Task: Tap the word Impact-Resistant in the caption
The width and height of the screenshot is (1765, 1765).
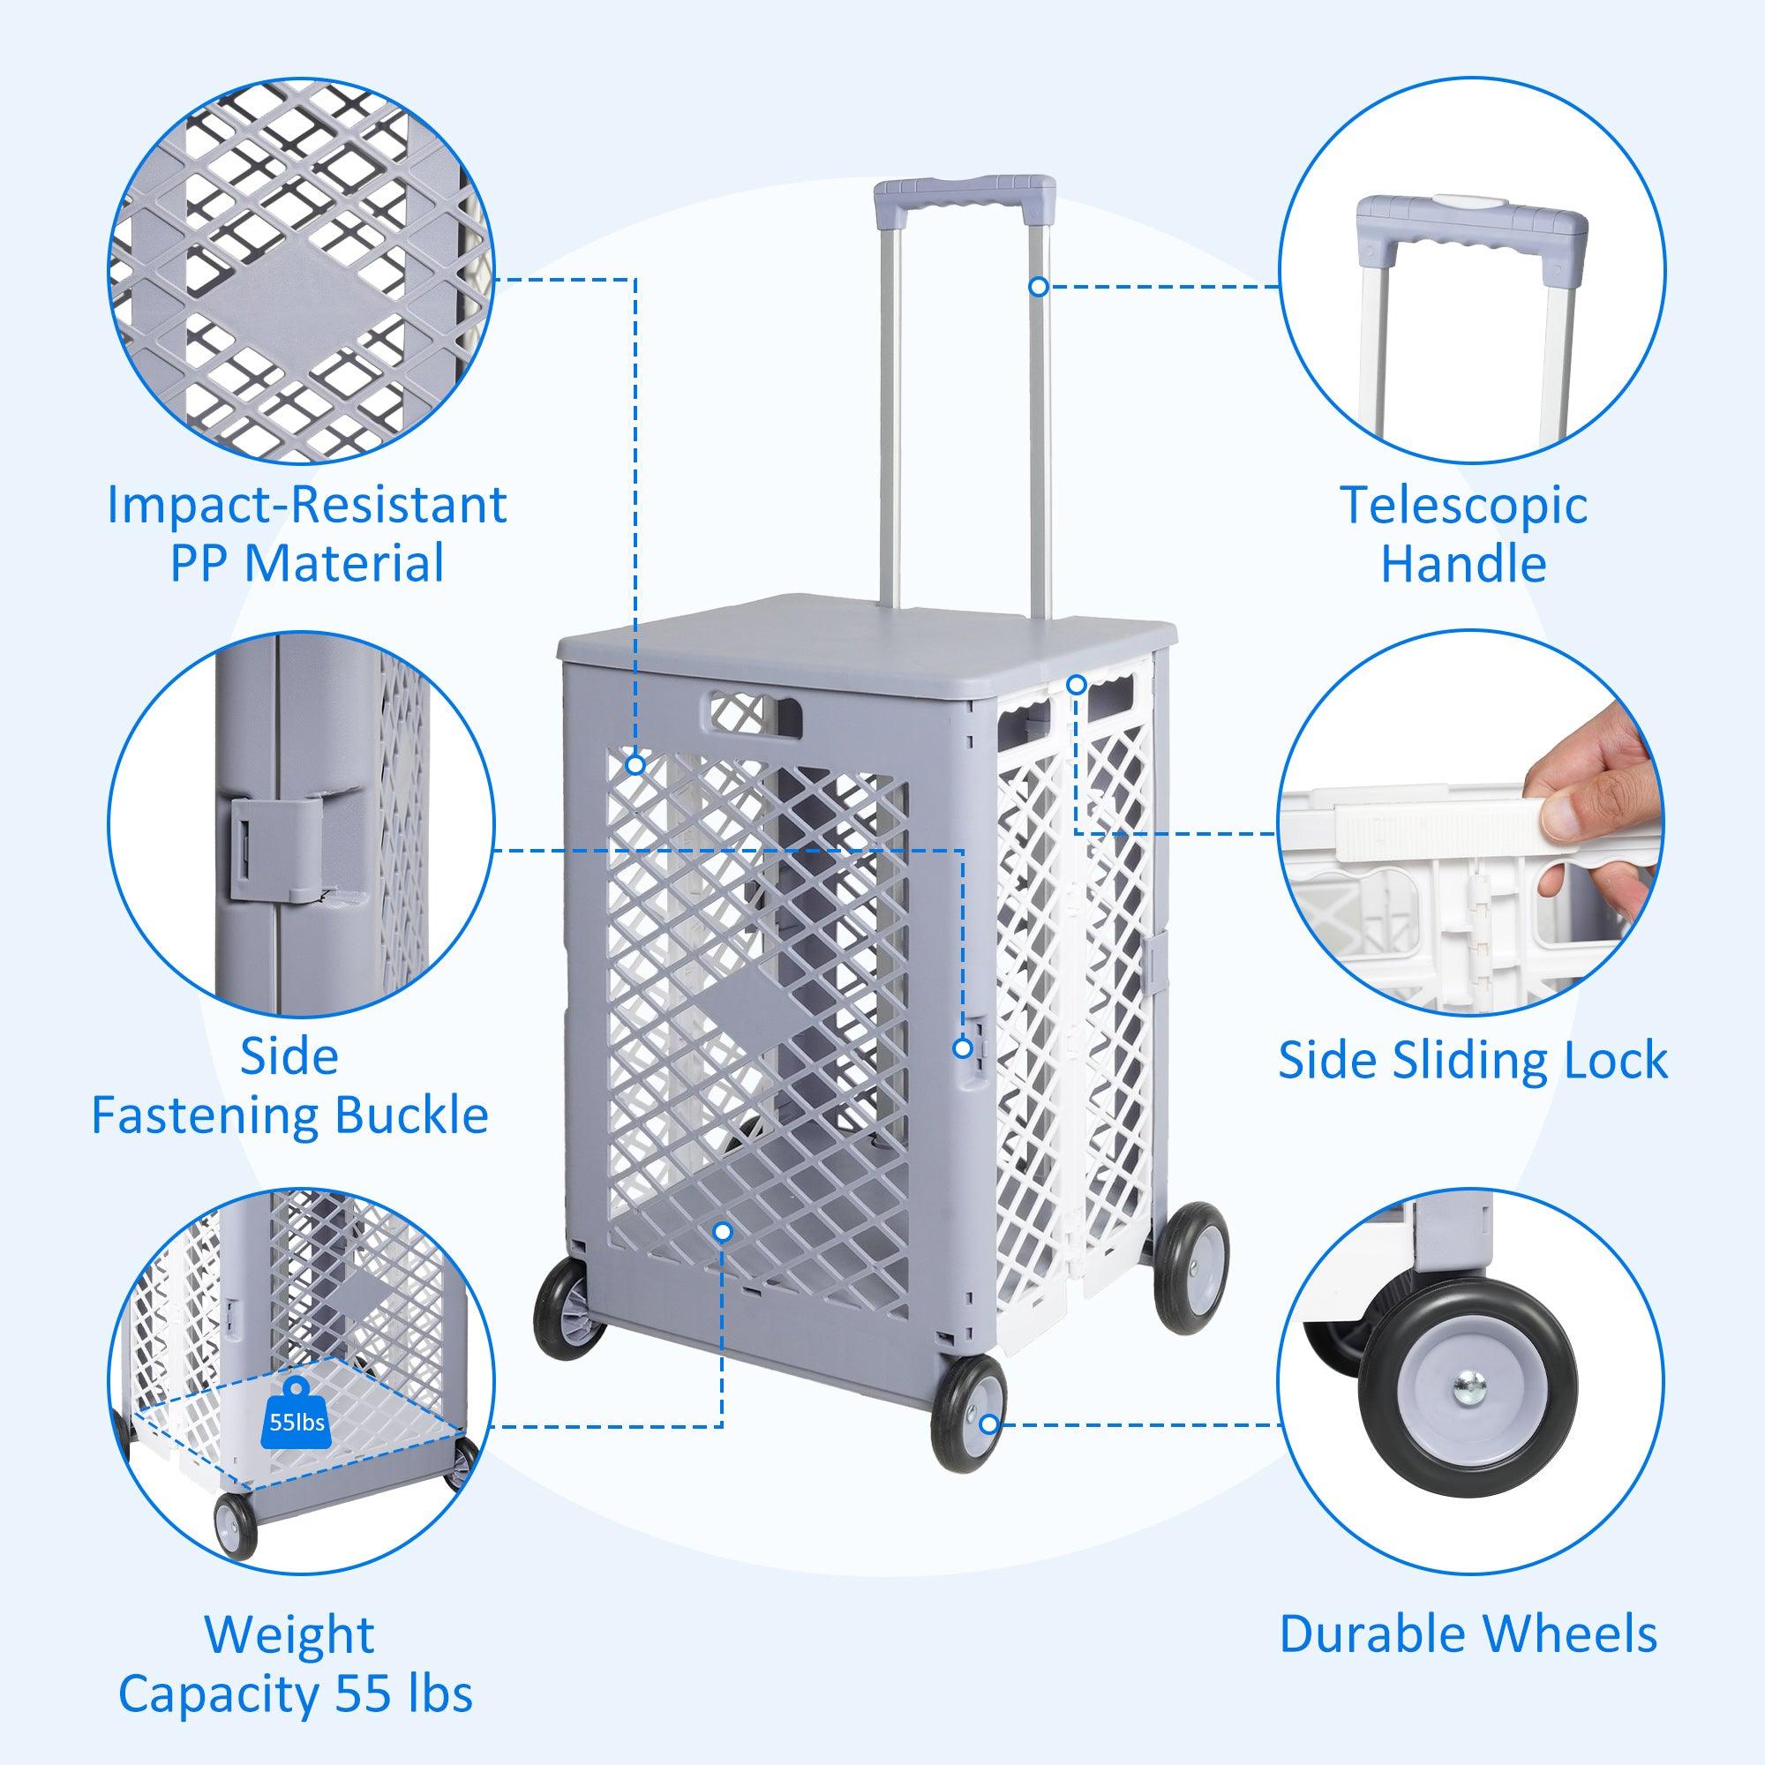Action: click(x=307, y=504)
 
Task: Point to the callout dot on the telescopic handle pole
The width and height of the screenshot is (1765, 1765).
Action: click(x=1038, y=287)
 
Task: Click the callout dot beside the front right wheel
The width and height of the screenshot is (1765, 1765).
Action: click(x=988, y=1450)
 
